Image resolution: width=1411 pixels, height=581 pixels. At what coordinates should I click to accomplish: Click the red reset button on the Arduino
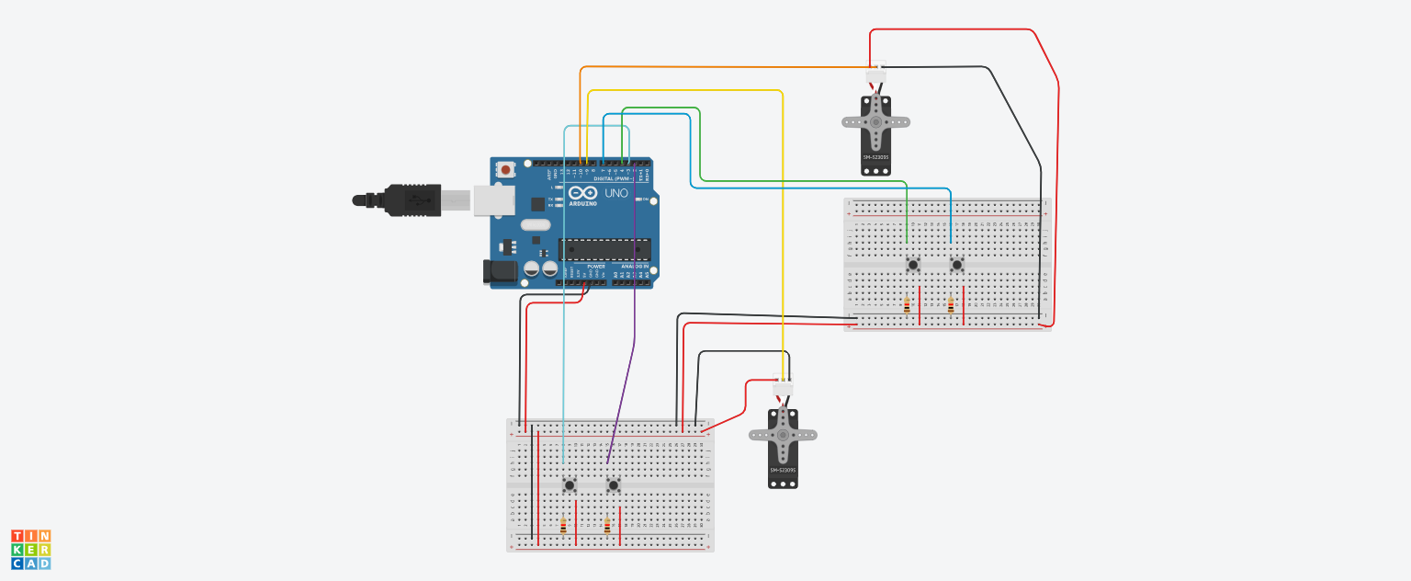(x=505, y=170)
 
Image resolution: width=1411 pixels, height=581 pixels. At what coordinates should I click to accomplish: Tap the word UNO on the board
(x=615, y=193)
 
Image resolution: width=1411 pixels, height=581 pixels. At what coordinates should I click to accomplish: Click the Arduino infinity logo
(x=582, y=193)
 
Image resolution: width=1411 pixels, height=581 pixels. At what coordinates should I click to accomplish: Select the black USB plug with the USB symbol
(x=412, y=199)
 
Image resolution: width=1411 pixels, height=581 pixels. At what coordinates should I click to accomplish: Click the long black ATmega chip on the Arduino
(x=604, y=249)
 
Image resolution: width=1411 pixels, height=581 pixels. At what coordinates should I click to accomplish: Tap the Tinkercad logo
(x=31, y=549)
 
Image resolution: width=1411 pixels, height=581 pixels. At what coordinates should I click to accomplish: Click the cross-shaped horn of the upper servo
(x=875, y=121)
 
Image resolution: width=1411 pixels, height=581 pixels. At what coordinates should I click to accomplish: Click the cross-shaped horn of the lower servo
(x=783, y=435)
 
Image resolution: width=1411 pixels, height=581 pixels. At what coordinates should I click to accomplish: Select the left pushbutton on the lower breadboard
(x=570, y=484)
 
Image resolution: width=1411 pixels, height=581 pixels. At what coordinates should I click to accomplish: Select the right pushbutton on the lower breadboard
(x=614, y=484)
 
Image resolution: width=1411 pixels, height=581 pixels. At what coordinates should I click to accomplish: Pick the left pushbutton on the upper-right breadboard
(x=913, y=265)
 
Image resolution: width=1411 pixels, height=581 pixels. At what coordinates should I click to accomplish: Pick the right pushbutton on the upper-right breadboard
(x=957, y=265)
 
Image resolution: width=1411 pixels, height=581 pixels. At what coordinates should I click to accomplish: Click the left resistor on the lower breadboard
(x=563, y=527)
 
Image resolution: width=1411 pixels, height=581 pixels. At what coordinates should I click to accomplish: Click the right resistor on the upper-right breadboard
(x=951, y=306)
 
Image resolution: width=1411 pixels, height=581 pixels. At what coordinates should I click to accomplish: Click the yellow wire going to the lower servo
(x=782, y=230)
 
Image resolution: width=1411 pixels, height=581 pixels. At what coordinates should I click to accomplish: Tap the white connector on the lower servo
(x=783, y=388)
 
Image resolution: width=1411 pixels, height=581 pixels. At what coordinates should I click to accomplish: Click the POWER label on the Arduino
(x=595, y=267)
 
